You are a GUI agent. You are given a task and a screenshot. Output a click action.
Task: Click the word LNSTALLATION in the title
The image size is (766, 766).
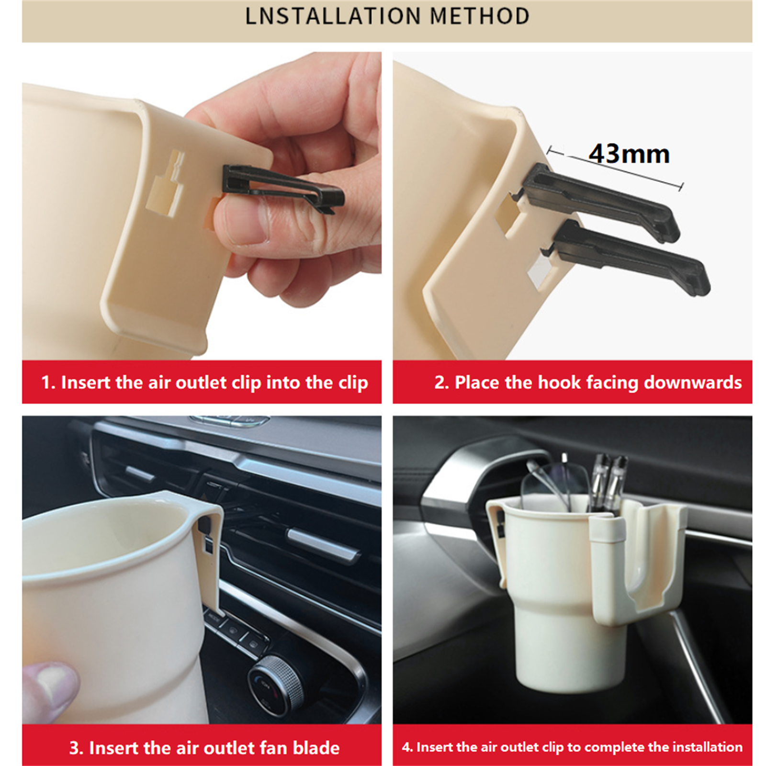(x=333, y=16)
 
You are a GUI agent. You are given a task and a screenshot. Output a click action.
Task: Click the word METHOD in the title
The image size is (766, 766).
(x=480, y=16)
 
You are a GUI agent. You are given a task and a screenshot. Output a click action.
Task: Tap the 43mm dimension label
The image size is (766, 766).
(x=629, y=154)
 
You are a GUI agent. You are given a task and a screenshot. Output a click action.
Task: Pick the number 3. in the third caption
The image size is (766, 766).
(x=76, y=747)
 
